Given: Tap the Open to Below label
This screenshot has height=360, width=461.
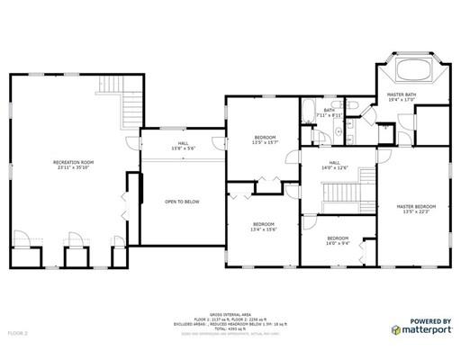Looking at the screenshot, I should click(183, 202).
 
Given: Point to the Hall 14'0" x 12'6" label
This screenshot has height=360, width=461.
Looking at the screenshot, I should click(336, 165).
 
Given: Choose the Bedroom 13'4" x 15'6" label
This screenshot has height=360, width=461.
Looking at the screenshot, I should click(263, 226).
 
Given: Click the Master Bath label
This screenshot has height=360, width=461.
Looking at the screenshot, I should click(402, 96).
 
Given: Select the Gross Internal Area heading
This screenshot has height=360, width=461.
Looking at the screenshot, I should click(230, 306).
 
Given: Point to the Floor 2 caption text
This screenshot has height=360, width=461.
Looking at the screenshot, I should click(18, 332).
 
